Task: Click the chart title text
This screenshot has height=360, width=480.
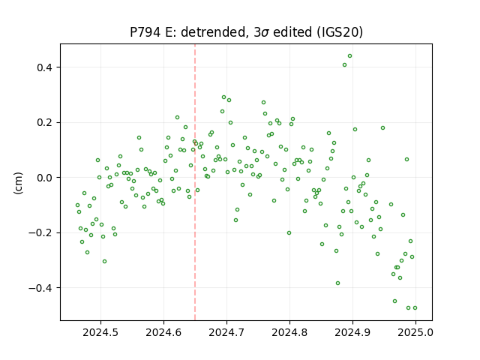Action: pos(247,32)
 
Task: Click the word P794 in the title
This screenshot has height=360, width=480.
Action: pos(145,32)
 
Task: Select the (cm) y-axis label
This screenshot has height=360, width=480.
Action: pos(18,183)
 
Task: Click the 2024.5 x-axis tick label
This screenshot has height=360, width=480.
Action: pos(100,332)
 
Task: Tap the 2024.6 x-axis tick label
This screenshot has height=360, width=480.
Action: pos(163,332)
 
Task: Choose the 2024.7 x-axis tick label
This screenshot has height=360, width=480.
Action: pos(226,332)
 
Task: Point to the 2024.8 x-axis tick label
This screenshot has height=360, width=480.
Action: pos(289,332)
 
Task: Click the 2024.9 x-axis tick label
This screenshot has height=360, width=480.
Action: pos(352,332)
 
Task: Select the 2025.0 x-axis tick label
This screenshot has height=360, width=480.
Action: pos(415,332)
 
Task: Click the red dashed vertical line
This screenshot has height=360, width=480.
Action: pos(195,182)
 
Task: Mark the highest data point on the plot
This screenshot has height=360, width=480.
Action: pos(349,56)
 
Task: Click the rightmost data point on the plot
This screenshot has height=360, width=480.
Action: pos(415,308)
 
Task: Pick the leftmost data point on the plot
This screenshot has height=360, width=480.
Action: pos(77,205)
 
